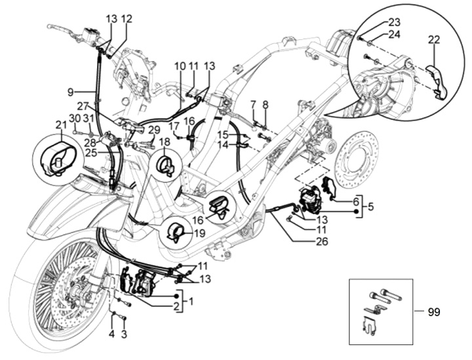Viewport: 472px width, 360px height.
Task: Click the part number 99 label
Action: [x=434, y=312]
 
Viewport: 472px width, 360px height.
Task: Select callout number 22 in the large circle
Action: [x=433, y=40]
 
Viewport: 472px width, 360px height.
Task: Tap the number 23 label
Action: [x=394, y=22]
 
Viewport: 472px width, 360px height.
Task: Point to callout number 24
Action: [x=394, y=34]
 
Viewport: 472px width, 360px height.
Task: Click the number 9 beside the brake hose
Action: [x=70, y=92]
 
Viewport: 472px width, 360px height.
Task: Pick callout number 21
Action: [x=61, y=124]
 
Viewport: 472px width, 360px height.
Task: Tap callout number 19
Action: [x=199, y=233]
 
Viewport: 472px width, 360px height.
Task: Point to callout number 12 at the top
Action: [x=127, y=19]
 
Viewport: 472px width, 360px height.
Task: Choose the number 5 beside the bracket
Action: [x=370, y=207]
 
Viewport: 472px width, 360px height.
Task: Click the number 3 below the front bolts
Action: [x=124, y=334]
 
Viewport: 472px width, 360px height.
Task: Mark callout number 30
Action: [x=75, y=118]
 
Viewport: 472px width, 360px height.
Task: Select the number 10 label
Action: [x=180, y=66]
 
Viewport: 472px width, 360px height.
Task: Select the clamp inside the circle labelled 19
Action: [x=176, y=231]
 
